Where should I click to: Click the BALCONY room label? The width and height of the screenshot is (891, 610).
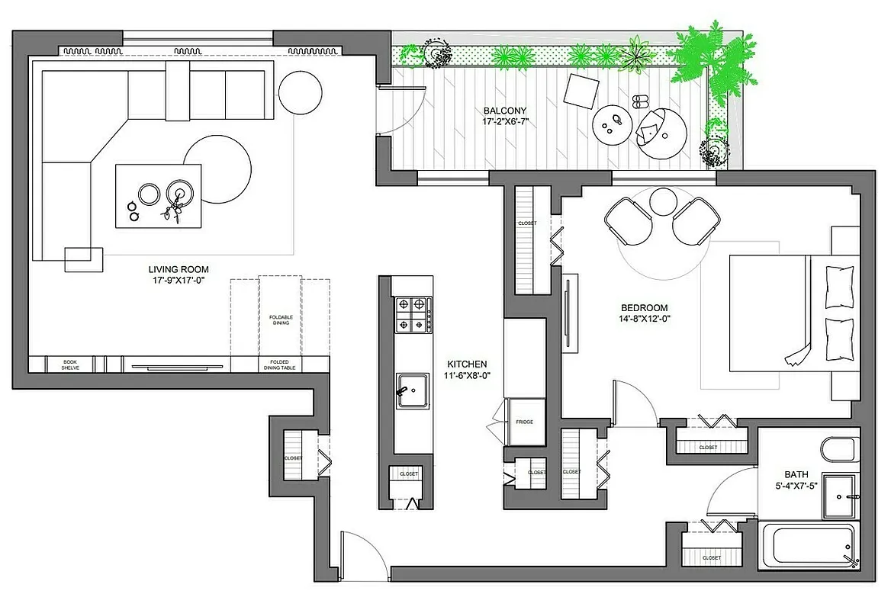[x=505, y=111]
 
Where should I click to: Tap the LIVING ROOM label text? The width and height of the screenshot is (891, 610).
[x=178, y=269]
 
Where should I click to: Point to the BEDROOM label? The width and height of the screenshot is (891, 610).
[x=645, y=307]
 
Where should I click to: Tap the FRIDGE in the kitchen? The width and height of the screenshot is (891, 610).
[x=524, y=422]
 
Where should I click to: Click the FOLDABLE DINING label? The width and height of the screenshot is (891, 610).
[x=281, y=319]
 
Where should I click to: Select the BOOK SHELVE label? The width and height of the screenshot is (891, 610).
[x=70, y=364]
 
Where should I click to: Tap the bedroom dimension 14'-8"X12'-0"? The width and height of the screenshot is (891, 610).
[x=645, y=319]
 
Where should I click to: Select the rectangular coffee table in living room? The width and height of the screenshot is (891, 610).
[x=159, y=196]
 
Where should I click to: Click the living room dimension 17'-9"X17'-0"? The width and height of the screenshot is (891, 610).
[x=178, y=280]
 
